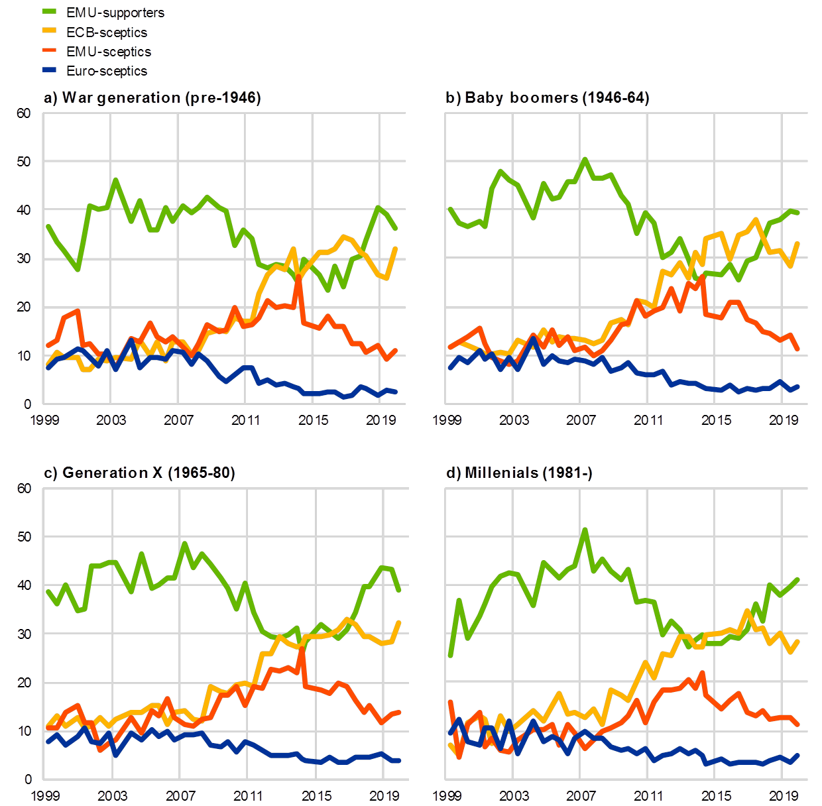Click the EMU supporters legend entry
(115, 13)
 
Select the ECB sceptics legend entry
(106, 32)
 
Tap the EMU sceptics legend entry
(108, 52)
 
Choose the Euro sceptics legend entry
(106, 71)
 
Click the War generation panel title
(152, 98)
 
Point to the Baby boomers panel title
(548, 98)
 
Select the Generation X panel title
(139, 473)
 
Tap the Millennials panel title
(519, 473)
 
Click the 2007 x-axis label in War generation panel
(178, 420)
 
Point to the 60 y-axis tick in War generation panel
(23, 113)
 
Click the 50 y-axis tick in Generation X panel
(23, 536)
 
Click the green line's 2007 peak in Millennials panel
(585, 530)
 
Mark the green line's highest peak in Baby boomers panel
(585, 159)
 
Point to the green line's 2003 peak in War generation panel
(115, 179)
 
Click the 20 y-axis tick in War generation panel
(23, 308)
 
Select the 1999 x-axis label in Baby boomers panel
(447, 420)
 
